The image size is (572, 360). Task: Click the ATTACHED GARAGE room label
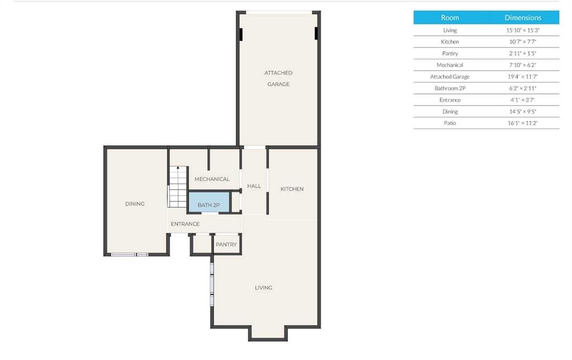(x=278, y=78)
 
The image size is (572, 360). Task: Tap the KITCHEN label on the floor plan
(x=292, y=189)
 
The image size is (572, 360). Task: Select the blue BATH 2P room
(x=209, y=202)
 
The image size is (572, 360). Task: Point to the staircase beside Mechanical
(x=178, y=187)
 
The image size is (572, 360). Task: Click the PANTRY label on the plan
(x=226, y=244)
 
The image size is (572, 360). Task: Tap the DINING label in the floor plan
(x=135, y=203)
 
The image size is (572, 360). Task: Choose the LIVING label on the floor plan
(x=264, y=288)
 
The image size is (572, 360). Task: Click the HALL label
(x=254, y=186)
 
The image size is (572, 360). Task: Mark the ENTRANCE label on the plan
(x=185, y=224)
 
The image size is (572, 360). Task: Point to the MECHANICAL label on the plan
(x=212, y=179)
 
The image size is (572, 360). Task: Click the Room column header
(x=450, y=17)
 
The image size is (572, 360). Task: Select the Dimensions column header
(x=523, y=17)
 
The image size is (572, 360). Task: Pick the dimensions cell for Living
(x=523, y=30)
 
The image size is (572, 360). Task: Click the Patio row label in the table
(x=450, y=123)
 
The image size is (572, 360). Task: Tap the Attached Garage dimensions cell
(x=523, y=77)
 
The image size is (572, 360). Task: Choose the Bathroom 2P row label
(x=450, y=88)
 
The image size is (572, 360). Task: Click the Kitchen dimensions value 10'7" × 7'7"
(x=523, y=41)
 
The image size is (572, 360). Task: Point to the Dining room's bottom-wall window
(x=130, y=254)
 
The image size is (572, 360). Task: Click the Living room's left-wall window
(x=212, y=284)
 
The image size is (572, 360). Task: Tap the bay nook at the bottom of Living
(x=268, y=333)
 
